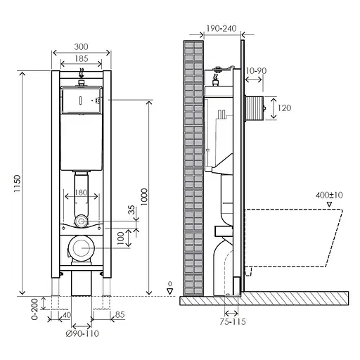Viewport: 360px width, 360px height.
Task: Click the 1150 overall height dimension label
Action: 17,184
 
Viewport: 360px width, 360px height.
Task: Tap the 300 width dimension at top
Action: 81,47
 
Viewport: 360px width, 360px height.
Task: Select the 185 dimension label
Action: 82,58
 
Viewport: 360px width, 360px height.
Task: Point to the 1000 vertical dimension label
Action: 144,197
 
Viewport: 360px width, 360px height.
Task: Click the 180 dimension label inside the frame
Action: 81,193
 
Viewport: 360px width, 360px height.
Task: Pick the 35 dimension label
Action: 131,210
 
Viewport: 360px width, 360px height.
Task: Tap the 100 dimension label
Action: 120,238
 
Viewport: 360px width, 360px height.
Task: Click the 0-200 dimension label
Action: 34,309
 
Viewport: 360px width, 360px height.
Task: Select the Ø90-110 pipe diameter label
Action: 82,333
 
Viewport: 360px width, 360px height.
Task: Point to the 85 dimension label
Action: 120,315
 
